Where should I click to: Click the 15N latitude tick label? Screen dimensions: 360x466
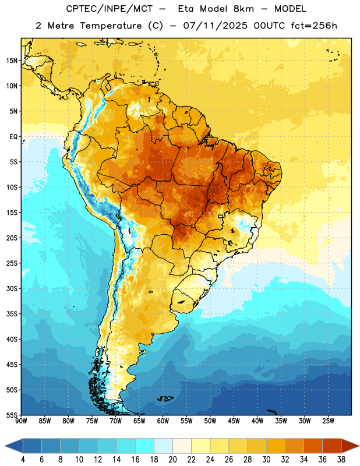[x=12, y=61]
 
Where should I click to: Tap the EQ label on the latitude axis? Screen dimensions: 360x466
[x=13, y=137]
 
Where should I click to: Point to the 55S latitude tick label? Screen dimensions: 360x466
[x=12, y=415]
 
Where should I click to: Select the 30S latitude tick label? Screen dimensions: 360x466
[x=12, y=288]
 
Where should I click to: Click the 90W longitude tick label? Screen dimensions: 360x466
[x=21, y=421]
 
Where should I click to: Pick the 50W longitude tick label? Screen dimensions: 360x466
[x=210, y=421]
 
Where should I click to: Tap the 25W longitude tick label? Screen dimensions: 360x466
[x=328, y=421]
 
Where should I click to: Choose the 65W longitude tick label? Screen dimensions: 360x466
[x=139, y=421]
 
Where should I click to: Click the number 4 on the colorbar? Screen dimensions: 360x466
[x=23, y=460]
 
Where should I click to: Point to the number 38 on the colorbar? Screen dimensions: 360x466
[x=341, y=460]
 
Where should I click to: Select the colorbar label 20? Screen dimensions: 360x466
[x=172, y=460]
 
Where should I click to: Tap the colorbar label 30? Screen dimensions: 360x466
[x=266, y=460]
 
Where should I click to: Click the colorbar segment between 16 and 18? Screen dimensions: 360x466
[x=145, y=446]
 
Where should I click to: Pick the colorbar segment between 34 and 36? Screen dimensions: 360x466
[x=313, y=446]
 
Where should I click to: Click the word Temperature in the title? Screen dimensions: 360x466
[x=111, y=26]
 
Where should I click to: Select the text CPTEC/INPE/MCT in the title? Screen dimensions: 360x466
[x=110, y=9]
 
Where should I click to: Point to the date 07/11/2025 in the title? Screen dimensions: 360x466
[x=215, y=26]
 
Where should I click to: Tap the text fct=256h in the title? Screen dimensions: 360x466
[x=314, y=26]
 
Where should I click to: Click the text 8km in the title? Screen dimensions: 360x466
[x=243, y=9]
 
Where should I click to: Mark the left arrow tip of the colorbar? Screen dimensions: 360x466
[x=5, y=446]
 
